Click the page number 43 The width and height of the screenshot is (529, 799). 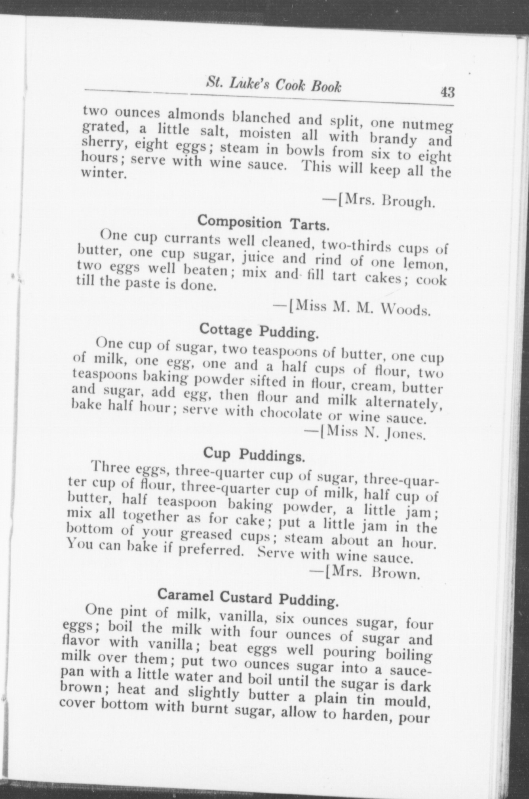pyautogui.click(x=446, y=92)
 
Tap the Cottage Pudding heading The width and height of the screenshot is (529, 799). pyautogui.click(x=259, y=331)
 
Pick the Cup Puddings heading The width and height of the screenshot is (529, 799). pyautogui.click(x=254, y=455)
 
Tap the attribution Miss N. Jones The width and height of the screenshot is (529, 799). pyautogui.click(x=364, y=433)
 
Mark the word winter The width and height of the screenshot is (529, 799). pyautogui.click(x=104, y=173)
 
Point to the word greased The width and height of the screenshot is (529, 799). pyautogui.click(x=206, y=535)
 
